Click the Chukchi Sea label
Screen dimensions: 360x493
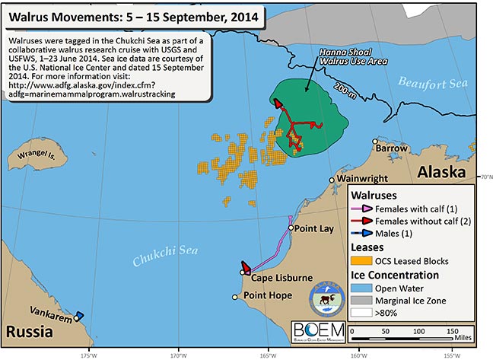click(x=160, y=261)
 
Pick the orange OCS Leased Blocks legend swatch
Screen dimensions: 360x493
click(x=358, y=260)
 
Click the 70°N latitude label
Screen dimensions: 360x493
click(x=485, y=177)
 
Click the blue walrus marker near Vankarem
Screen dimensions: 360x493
click(x=79, y=315)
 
